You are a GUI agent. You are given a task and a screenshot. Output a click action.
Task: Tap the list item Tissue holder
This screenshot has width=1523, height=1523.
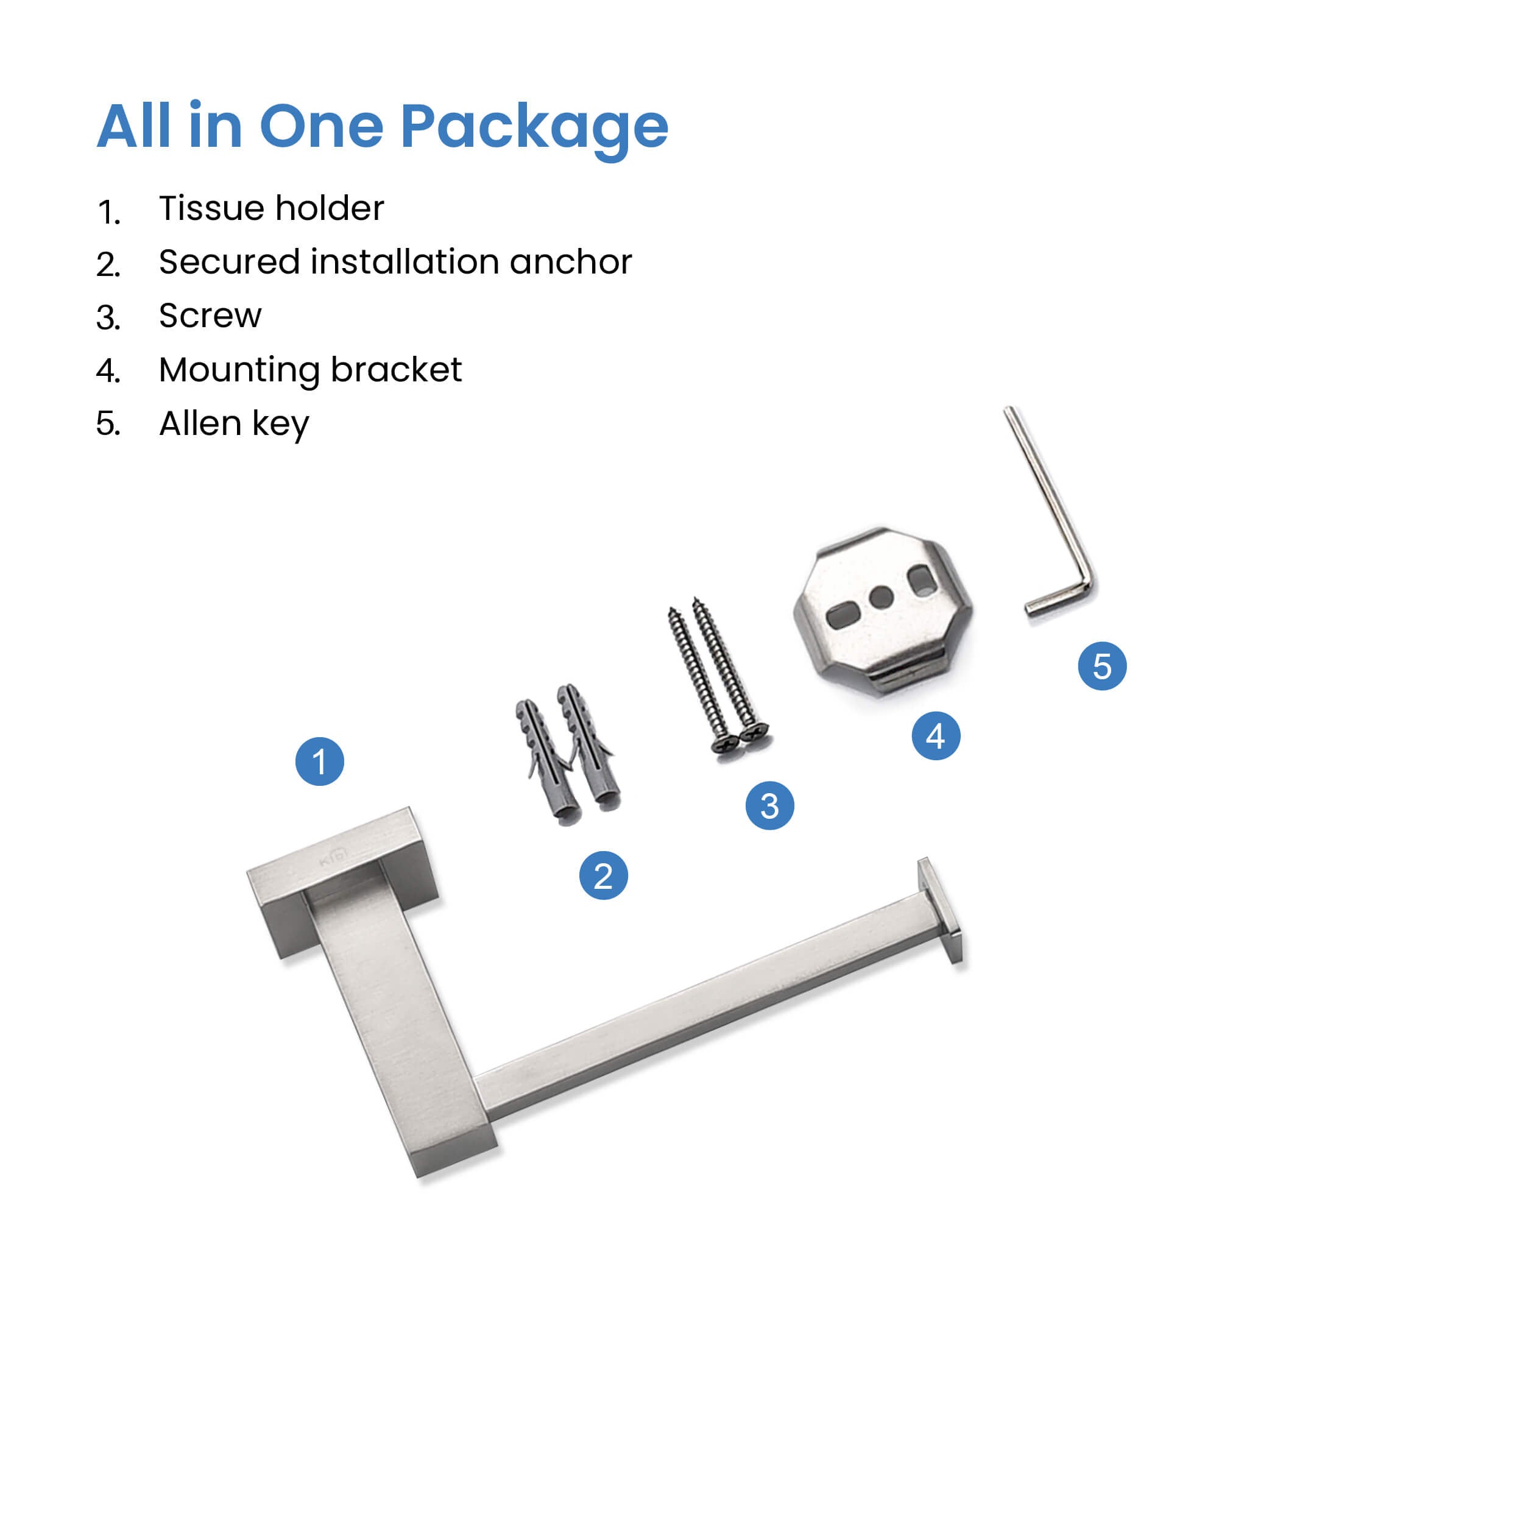pos(271,208)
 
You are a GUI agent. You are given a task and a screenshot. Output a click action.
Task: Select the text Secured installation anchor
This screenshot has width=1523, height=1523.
pos(395,262)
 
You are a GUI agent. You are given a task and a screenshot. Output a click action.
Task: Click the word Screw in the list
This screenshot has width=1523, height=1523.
pos(210,316)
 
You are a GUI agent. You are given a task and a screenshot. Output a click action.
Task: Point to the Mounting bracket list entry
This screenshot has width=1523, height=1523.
pos(310,370)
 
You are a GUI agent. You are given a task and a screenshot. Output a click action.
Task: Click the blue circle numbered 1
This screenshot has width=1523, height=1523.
pos(319,761)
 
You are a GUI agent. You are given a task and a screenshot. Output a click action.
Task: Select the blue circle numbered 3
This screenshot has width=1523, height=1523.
pos(769,805)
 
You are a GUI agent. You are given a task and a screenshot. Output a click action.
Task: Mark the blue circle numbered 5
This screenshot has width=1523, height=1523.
pos(1102,666)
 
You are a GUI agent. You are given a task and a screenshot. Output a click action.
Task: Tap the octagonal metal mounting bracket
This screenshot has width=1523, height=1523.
pos(883,611)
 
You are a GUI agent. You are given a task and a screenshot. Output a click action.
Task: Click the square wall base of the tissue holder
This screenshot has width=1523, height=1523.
pos(344,882)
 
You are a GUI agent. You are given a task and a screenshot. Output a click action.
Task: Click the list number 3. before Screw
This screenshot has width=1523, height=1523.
pos(108,317)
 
